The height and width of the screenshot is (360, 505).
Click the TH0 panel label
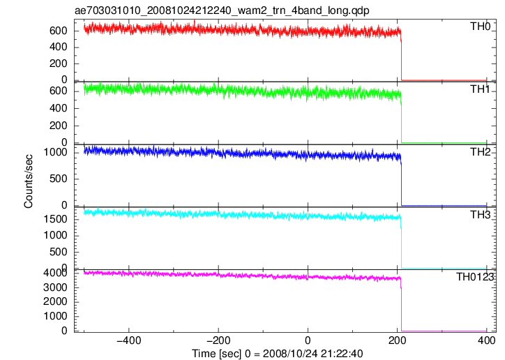pyautogui.click(x=480, y=27)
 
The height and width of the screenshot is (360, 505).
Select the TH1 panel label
pyautogui.click(x=480, y=89)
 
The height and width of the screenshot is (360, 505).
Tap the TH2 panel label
pyautogui.click(x=480, y=152)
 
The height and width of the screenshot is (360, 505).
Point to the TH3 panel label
pyautogui.click(x=480, y=215)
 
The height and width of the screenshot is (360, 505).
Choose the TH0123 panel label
pyautogui.click(x=475, y=277)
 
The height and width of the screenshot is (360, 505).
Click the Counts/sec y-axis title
pyautogui.click(x=29, y=181)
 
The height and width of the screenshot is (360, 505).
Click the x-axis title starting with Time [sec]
pyautogui.click(x=278, y=354)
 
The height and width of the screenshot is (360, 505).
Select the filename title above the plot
pyautogui.click(x=222, y=10)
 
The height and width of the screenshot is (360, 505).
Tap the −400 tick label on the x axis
pyautogui.click(x=129, y=340)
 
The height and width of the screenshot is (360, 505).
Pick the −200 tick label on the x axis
pyautogui.click(x=218, y=340)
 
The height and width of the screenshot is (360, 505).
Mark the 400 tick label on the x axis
pyautogui.click(x=486, y=340)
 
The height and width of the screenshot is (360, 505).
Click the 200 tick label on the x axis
pyautogui.click(x=397, y=340)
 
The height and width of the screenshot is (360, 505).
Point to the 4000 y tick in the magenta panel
pyautogui.click(x=55, y=273)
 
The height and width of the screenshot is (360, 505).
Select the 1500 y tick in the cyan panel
pyautogui.click(x=55, y=219)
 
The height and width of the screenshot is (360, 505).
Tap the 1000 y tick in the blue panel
pyautogui.click(x=55, y=152)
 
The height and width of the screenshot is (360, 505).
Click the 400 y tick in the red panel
pyautogui.click(x=59, y=47)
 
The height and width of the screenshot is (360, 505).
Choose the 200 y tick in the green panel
pyautogui.click(x=59, y=126)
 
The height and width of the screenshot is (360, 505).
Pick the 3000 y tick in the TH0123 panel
pyautogui.click(x=55, y=287)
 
